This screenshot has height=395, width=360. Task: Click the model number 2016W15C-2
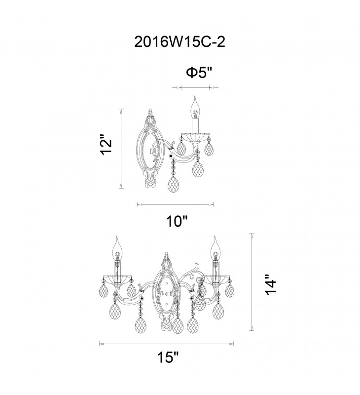180,41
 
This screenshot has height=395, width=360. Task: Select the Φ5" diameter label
199,73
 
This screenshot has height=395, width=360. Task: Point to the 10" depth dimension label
177,221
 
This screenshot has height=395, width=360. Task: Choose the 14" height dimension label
271,284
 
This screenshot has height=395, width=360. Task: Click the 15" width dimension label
168,357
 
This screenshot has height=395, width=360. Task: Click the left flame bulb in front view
117,248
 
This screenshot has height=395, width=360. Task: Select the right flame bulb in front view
216,248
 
